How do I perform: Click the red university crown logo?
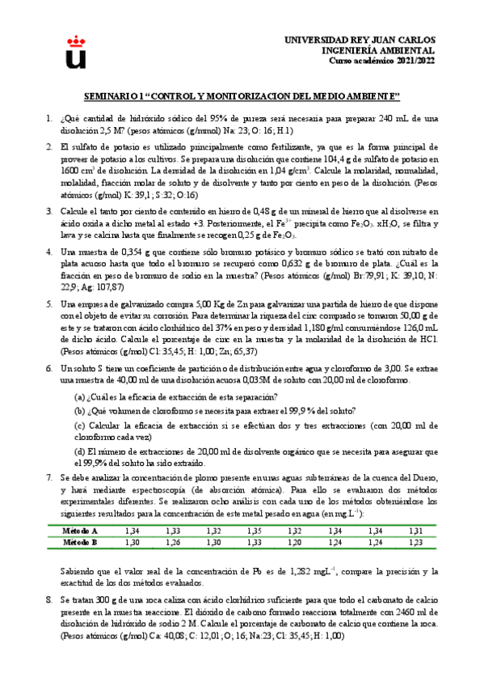(x=76, y=52)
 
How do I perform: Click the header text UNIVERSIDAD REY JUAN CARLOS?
(x=360, y=40)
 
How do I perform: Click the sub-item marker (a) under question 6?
(x=80, y=396)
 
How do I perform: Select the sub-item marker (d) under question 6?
(x=80, y=451)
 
